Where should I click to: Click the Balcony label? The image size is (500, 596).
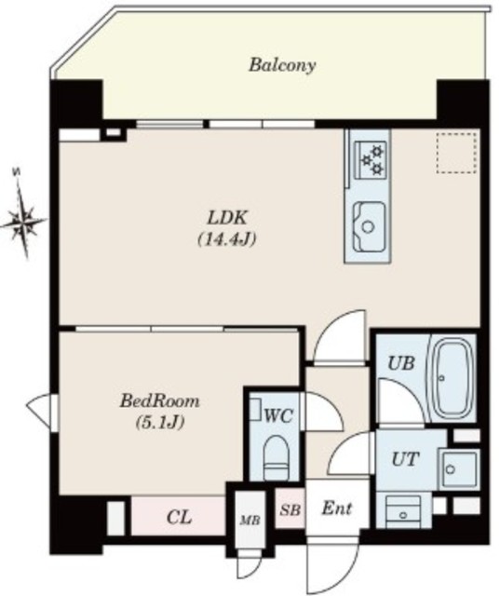pyautogui.click(x=282, y=65)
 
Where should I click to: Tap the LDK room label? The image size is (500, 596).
pyautogui.click(x=227, y=219)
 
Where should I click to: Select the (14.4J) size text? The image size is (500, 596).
pyautogui.click(x=227, y=239)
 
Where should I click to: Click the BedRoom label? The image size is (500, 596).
pyautogui.click(x=159, y=401)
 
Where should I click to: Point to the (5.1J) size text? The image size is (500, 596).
pyautogui.click(x=160, y=422)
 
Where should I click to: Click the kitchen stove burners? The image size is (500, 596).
pyautogui.click(x=372, y=159)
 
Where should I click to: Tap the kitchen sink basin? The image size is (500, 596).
pyautogui.click(x=368, y=226)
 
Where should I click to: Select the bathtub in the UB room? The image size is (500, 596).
pyautogui.click(x=453, y=377)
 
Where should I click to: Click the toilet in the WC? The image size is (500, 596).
pyautogui.click(x=276, y=457)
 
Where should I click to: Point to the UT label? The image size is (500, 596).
pyautogui.click(x=405, y=459)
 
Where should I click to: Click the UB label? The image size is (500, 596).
pyautogui.click(x=400, y=363)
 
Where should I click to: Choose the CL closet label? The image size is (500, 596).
pyautogui.click(x=180, y=518)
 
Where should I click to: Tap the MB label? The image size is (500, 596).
pyautogui.click(x=250, y=521)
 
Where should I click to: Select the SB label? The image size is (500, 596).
pyautogui.click(x=291, y=509)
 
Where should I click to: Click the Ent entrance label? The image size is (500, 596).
pyautogui.click(x=337, y=508)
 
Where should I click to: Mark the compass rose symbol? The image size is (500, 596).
pyautogui.click(x=23, y=219)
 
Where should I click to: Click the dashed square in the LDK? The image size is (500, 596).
pyautogui.click(x=455, y=153)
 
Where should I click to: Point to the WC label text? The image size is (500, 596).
pyautogui.click(x=278, y=416)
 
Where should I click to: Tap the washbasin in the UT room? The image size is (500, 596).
pyautogui.click(x=457, y=469)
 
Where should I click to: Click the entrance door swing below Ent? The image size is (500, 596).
pyautogui.click(x=332, y=566)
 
